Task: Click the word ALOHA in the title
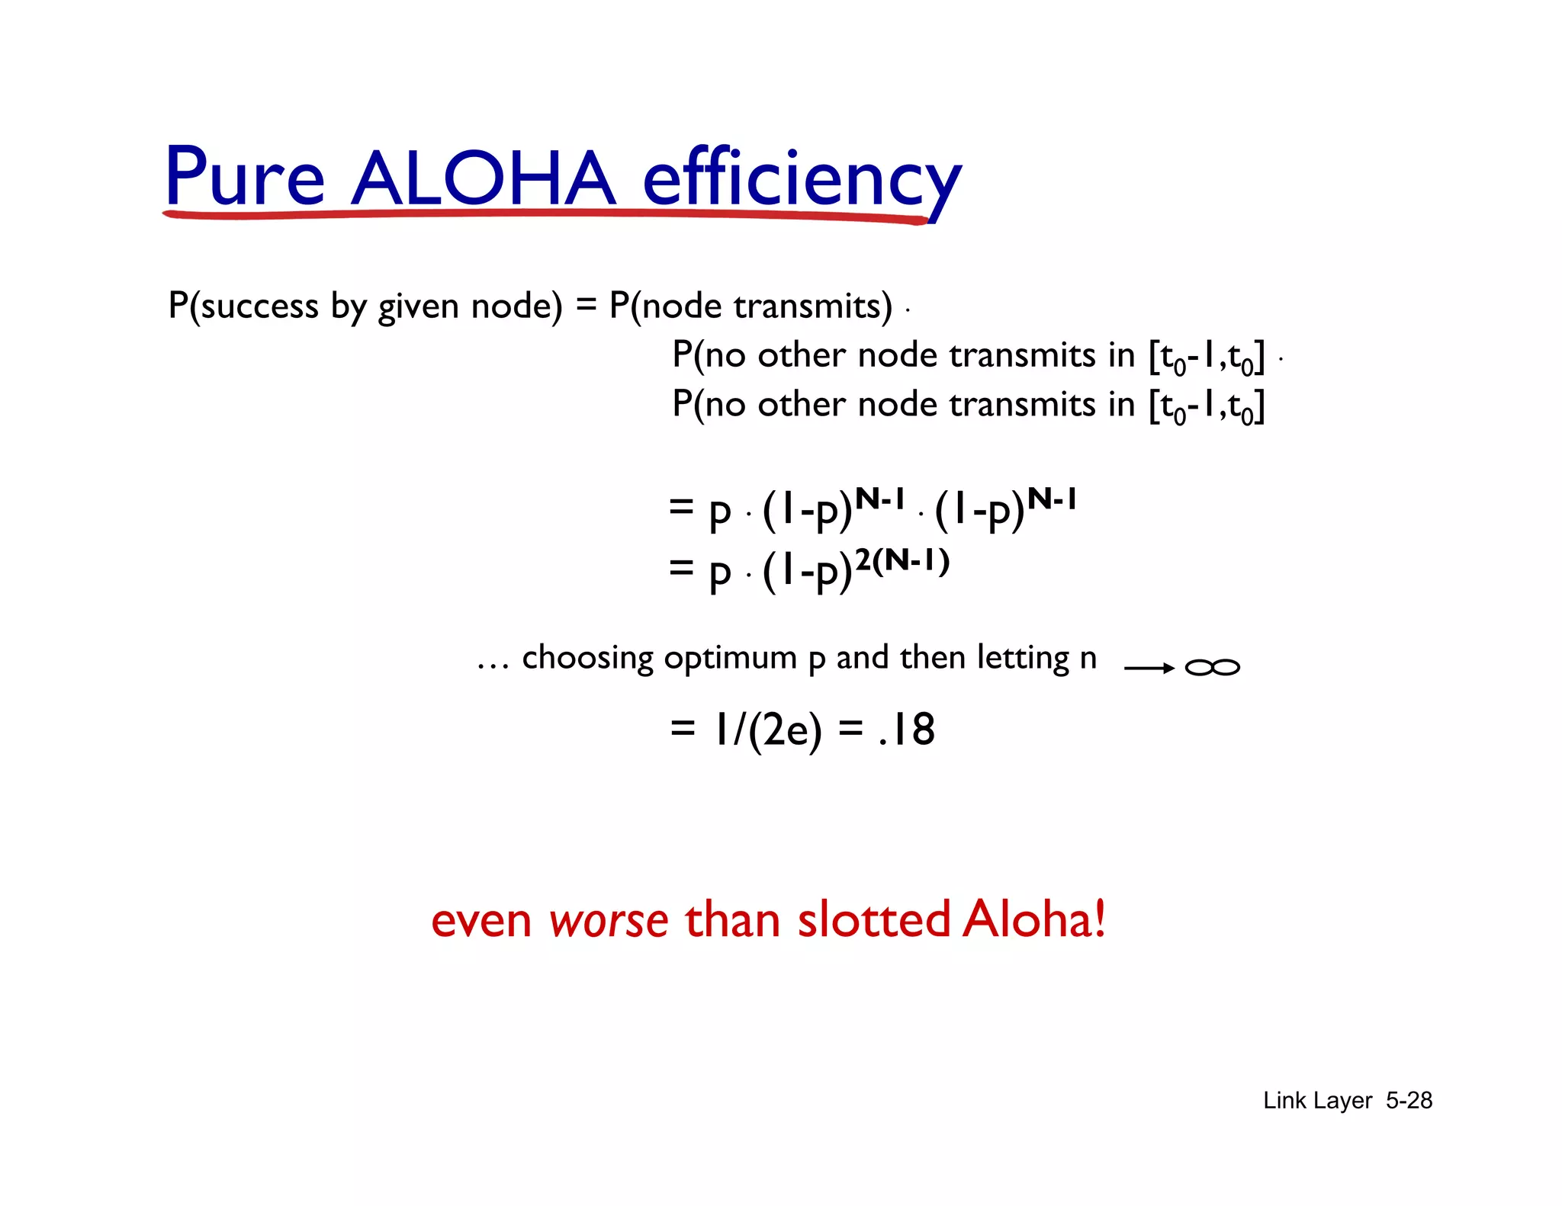482,178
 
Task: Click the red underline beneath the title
545,216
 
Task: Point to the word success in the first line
259,306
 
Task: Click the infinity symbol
1212,668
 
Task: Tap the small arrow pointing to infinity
1149,669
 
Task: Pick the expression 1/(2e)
767,730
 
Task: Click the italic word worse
608,920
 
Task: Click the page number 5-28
1409,1100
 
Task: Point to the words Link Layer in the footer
1317,1100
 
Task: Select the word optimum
730,658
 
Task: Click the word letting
1023,658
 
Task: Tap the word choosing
587,658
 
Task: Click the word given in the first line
420,306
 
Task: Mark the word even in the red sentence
480,920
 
